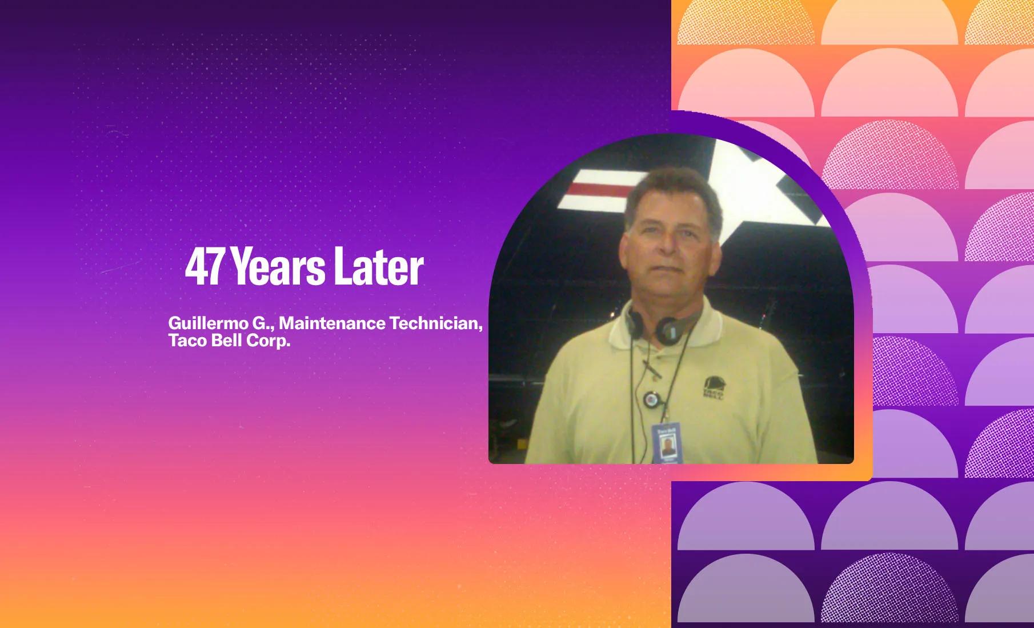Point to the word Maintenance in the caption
[332, 323]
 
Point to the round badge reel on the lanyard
[650, 399]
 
